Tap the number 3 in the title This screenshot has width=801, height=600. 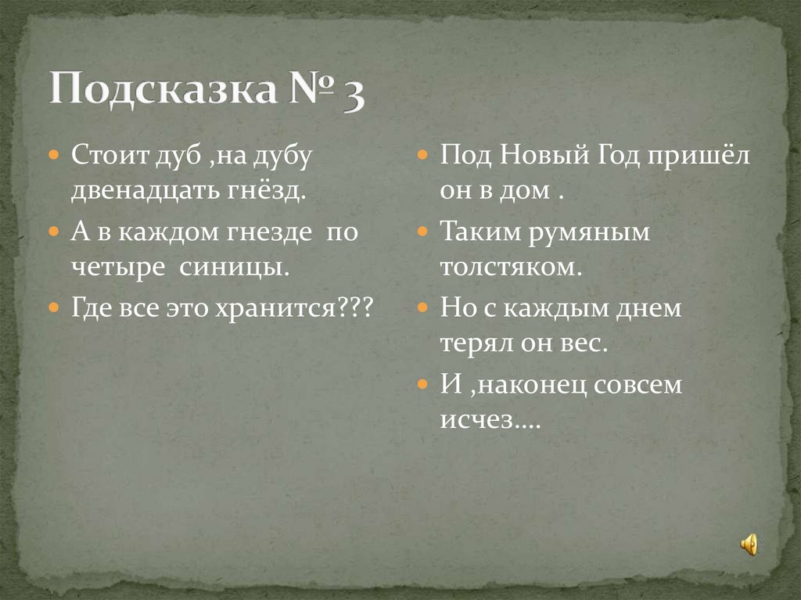coord(352,94)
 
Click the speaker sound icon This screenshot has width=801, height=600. coord(749,543)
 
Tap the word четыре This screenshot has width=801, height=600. coord(118,268)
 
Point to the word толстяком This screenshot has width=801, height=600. coord(510,268)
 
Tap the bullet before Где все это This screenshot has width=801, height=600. coord(54,308)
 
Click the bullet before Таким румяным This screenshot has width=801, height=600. coord(422,232)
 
